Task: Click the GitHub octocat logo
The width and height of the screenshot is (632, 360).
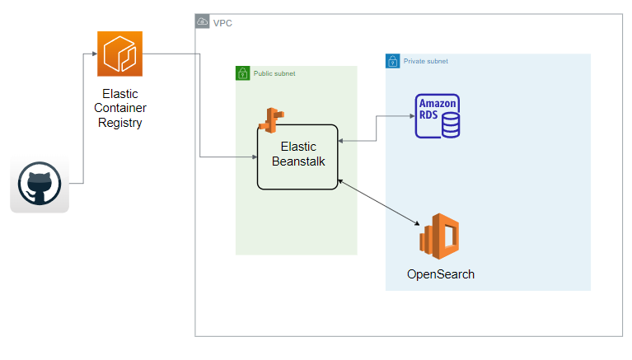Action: coord(40,184)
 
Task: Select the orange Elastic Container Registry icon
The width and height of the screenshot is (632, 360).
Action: coord(119,54)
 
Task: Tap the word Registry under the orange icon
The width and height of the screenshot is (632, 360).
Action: coord(119,123)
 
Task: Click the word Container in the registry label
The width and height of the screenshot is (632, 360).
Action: coord(120,108)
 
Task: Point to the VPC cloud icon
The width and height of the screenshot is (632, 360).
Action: coord(203,21)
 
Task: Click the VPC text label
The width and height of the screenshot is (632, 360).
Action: coord(222,23)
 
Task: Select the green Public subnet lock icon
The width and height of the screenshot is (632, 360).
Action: coord(242,73)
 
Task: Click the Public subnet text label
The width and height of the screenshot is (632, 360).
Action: coord(274,73)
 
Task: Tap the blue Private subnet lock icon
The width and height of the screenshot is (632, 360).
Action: coord(392,61)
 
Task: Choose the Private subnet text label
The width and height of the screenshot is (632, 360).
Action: coord(426,61)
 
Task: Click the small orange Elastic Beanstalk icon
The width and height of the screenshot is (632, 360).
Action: coord(271,120)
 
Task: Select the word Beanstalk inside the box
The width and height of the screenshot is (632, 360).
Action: coord(298,161)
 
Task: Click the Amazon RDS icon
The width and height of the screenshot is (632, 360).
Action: coord(438,116)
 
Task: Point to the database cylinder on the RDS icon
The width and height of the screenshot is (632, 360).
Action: coord(451,125)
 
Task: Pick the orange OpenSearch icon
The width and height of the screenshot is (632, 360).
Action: coord(439,236)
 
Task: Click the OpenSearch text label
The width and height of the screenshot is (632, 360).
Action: coord(441,274)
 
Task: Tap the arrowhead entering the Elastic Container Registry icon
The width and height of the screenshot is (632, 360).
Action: coord(95,54)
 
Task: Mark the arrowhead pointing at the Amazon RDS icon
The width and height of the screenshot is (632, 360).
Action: coord(412,116)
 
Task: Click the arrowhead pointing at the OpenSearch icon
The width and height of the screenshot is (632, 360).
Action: coord(417,223)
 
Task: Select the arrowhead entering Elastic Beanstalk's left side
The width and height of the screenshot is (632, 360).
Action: coord(255,157)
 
